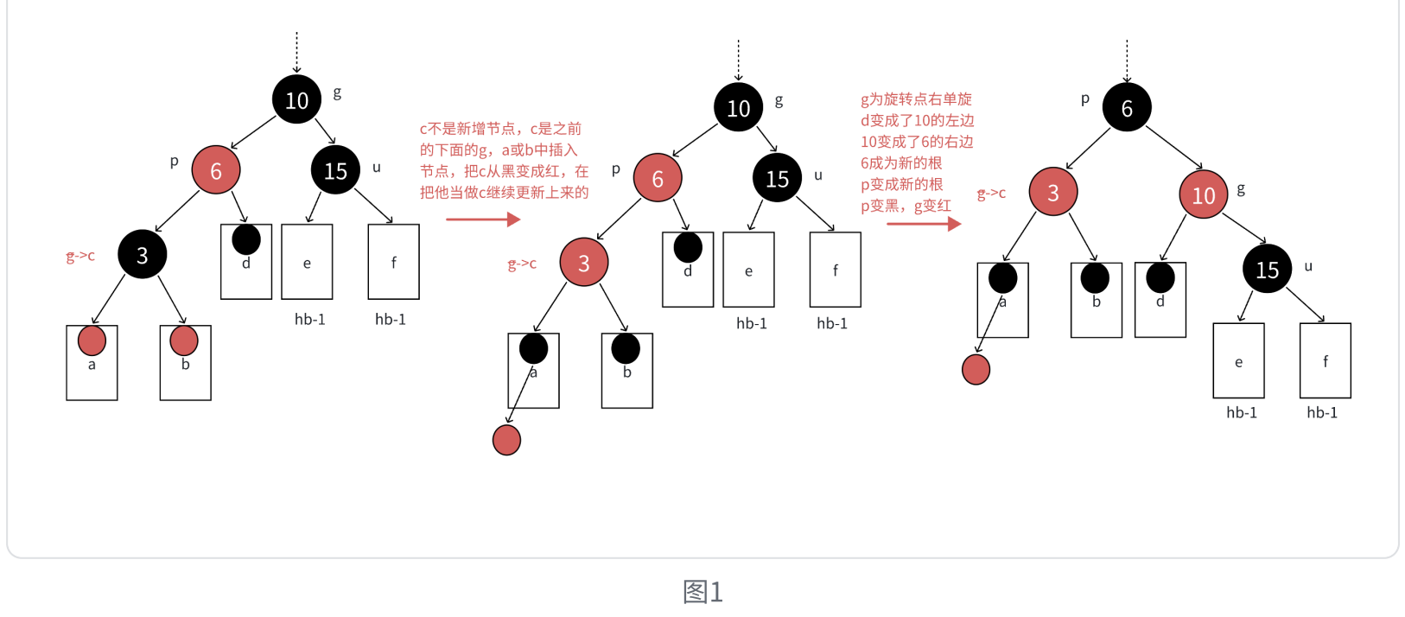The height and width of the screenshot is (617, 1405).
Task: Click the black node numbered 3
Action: pos(142,254)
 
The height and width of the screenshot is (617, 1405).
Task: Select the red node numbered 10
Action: pos(1203,194)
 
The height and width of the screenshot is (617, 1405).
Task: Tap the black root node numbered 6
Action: pos(1126,107)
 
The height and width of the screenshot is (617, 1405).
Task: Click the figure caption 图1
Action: pos(702,592)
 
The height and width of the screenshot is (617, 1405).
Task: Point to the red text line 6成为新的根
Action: pos(900,162)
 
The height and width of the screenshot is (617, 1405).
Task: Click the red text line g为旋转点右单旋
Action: pos(915,99)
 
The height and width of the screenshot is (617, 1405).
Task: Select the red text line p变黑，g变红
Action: pos(905,206)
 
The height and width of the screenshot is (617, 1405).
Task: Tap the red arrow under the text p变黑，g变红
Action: pos(923,224)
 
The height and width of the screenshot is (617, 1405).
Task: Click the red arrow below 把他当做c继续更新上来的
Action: pos(482,219)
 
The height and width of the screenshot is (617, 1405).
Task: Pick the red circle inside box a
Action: pos(92,340)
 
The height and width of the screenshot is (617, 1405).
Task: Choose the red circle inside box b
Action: pos(184,340)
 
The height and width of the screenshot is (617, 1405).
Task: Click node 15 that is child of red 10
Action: pos(1267,269)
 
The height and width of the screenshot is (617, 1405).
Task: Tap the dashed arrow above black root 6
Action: pos(1126,60)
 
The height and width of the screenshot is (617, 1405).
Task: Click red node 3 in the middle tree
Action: pos(583,263)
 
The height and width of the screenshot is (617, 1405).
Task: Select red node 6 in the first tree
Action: pos(215,170)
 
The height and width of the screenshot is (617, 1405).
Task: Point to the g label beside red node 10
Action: pos(1241,188)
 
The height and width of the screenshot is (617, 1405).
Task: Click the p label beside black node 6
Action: pos(1085,99)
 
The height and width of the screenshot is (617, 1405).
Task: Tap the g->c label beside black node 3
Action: pos(80,256)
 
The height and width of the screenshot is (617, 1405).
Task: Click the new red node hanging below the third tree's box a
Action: pos(976,370)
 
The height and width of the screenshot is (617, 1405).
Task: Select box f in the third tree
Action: pos(1325,361)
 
